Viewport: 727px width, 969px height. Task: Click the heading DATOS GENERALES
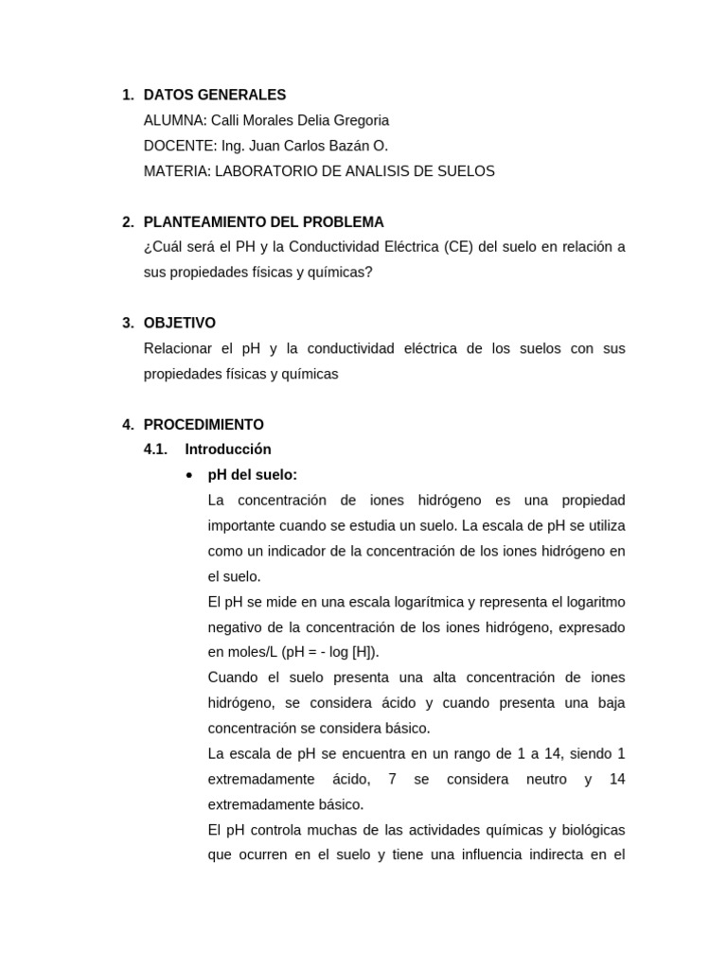point(214,95)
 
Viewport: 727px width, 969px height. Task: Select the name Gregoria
point(358,120)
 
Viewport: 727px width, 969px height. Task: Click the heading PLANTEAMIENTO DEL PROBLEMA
point(263,222)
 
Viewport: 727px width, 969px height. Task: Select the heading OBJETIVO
point(180,323)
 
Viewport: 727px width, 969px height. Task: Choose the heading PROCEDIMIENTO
point(204,425)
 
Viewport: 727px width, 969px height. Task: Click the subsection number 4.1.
point(155,449)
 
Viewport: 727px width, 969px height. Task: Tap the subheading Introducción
point(228,449)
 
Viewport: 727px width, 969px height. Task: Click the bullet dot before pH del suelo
point(190,475)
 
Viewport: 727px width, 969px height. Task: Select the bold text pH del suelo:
point(253,475)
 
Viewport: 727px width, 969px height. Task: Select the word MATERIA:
point(177,171)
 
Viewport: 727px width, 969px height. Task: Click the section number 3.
point(127,323)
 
